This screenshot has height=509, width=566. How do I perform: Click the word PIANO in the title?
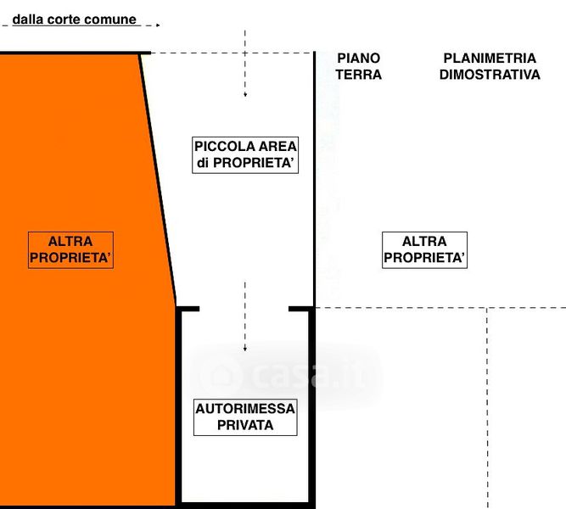[x=358, y=58]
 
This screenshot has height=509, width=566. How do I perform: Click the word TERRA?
[x=358, y=75]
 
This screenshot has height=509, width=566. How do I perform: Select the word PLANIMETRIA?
[x=490, y=58]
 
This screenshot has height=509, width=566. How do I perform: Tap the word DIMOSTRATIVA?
[x=490, y=75]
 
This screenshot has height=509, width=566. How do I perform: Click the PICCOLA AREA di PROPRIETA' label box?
[x=245, y=155]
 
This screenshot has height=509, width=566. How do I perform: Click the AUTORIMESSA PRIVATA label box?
[x=245, y=417]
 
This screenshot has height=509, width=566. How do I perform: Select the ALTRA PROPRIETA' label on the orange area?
[x=70, y=249]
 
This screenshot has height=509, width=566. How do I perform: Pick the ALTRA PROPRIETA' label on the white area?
[x=424, y=249]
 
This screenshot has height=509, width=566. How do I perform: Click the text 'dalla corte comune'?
[x=75, y=20]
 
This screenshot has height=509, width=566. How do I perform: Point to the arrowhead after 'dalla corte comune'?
[x=158, y=25]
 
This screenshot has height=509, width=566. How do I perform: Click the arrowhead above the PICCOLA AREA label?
[x=245, y=95]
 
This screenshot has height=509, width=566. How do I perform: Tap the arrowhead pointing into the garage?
[x=245, y=349]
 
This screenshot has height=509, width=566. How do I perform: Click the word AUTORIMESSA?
[x=245, y=409]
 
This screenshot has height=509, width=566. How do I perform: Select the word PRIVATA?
[x=245, y=425]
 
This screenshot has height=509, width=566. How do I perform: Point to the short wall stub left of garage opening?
[x=188, y=309]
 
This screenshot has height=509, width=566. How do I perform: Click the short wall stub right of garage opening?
[x=301, y=309]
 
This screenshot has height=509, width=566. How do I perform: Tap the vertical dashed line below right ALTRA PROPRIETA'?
[x=487, y=408]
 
